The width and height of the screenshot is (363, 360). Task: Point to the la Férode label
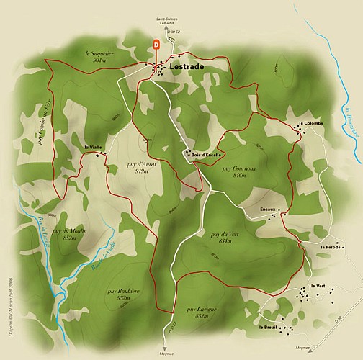coord(331,247)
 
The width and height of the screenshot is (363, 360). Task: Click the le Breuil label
coord(268,328)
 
